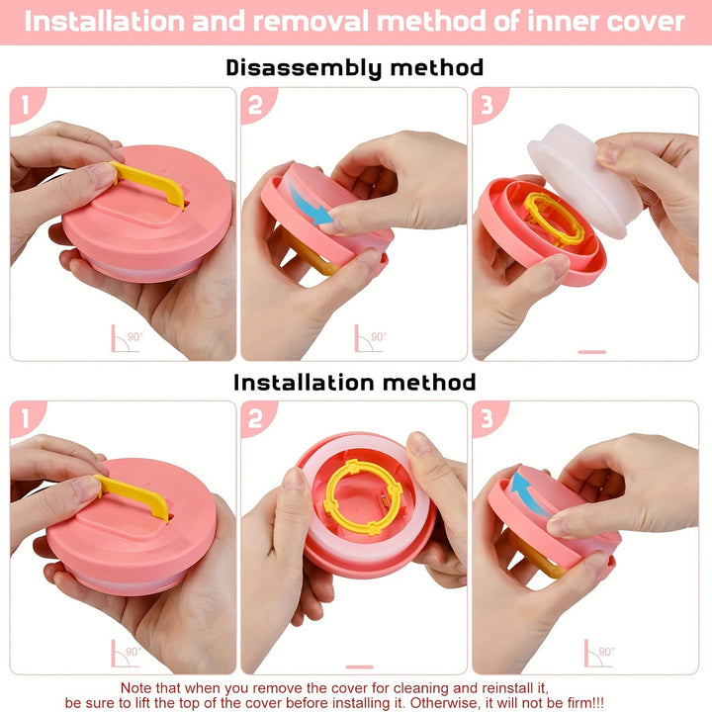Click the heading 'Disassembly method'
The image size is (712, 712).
[x=355, y=68]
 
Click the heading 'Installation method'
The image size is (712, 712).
[x=355, y=383]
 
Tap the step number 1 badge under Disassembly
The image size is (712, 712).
[x=27, y=104]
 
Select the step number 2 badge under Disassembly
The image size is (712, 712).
[x=256, y=104]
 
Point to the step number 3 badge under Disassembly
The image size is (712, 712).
[x=488, y=104]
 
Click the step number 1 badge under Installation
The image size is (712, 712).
[x=27, y=418]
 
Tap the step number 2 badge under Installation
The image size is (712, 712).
[x=256, y=418]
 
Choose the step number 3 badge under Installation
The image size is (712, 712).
[x=488, y=418]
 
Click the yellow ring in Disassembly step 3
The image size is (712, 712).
[x=554, y=219]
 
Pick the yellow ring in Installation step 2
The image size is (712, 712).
[x=362, y=496]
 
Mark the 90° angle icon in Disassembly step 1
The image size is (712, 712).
[x=127, y=338]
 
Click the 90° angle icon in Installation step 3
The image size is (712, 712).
[x=599, y=653]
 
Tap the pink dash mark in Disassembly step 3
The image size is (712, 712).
[x=592, y=352]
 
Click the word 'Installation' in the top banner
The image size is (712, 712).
[x=105, y=22]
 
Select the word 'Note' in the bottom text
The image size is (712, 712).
[x=135, y=688]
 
